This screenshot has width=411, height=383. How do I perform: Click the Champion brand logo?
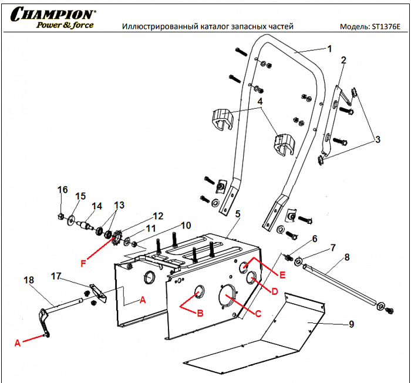click(x=52, y=14)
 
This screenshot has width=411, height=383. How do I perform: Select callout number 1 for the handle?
click(x=329, y=48)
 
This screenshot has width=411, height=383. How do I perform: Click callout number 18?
click(x=28, y=281)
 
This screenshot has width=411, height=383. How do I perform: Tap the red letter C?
click(x=258, y=313)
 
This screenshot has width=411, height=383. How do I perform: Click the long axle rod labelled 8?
click(x=341, y=284)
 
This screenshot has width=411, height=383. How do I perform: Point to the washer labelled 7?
click(x=298, y=261)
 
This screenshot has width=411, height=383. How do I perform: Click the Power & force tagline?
click(x=65, y=25)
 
